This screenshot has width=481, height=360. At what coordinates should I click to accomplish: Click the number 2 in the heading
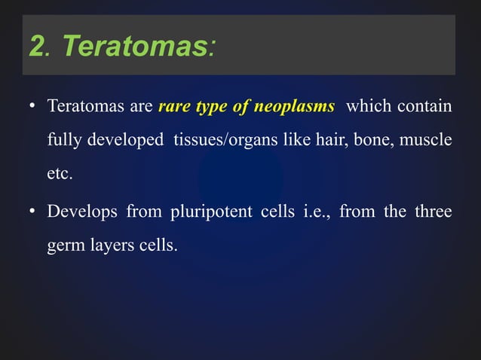36,47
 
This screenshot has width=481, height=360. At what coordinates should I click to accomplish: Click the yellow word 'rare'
174,107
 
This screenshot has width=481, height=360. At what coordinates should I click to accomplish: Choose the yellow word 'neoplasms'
295,107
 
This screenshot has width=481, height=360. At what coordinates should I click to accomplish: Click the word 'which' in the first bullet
367,107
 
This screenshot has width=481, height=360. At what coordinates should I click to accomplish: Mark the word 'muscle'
427,140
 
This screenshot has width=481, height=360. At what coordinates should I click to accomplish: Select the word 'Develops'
81,212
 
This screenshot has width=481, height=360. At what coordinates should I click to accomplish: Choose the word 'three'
432,212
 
